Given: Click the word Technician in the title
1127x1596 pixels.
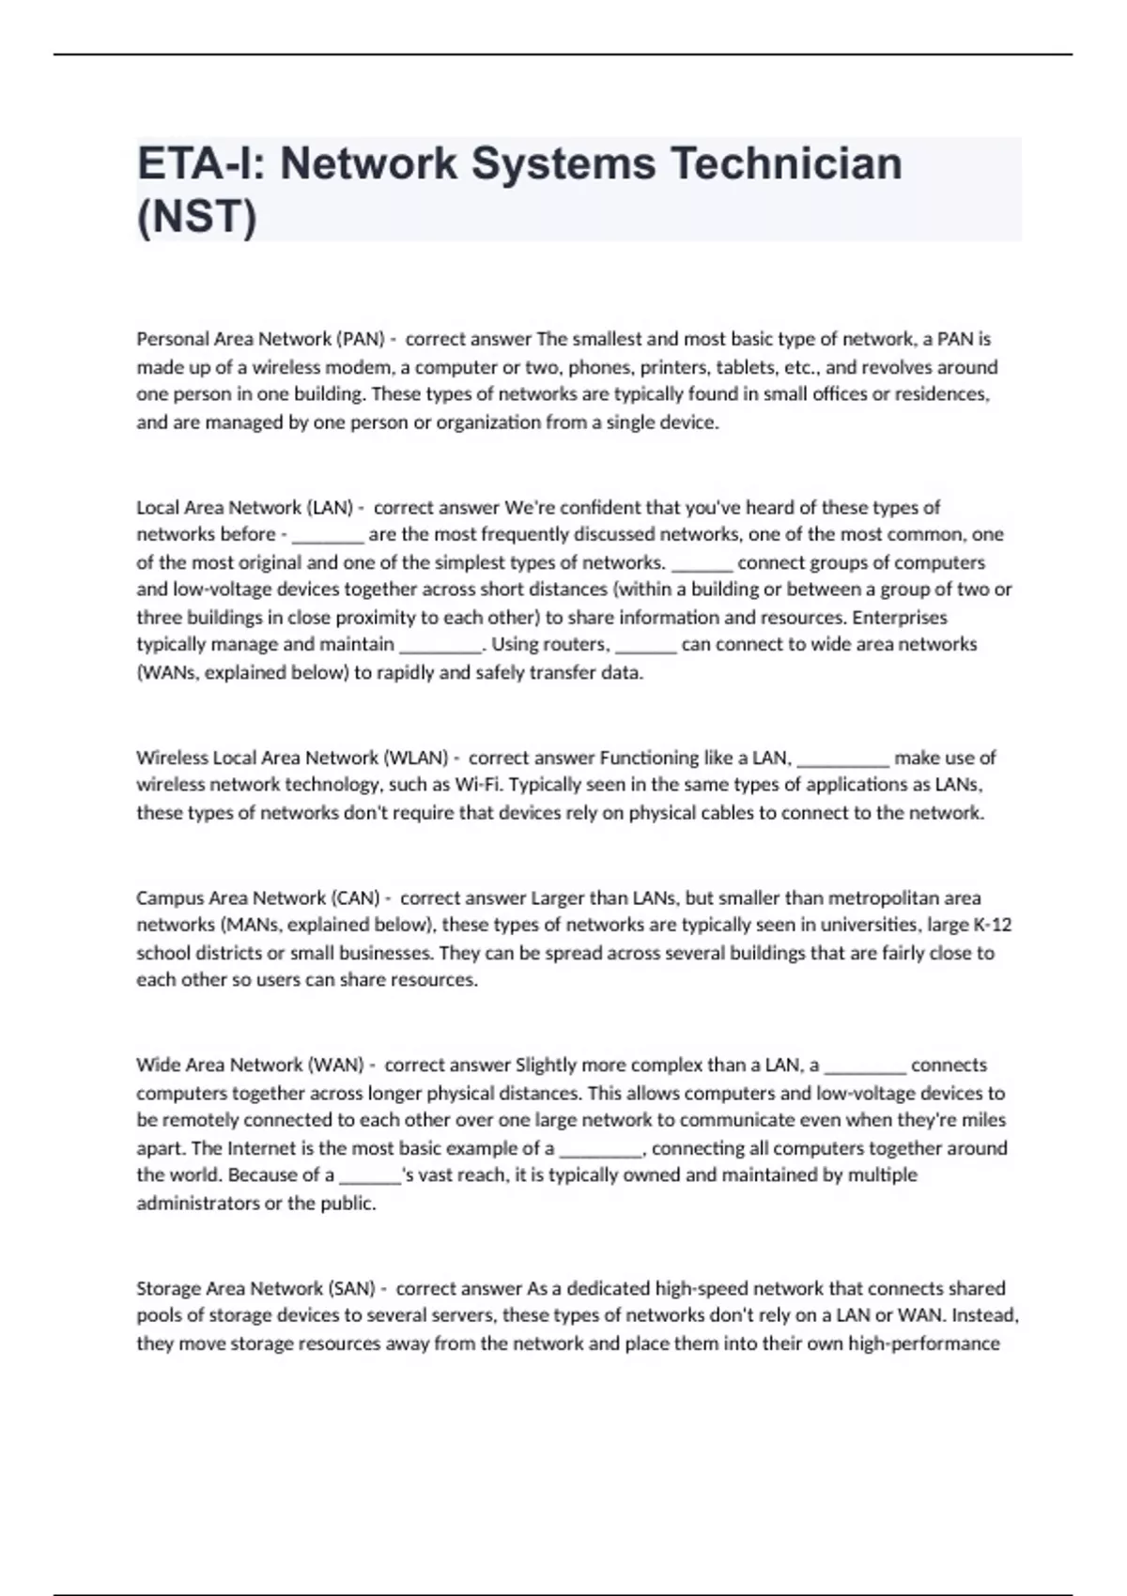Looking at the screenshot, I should (785, 163).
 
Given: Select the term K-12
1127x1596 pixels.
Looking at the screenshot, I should (992, 925).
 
